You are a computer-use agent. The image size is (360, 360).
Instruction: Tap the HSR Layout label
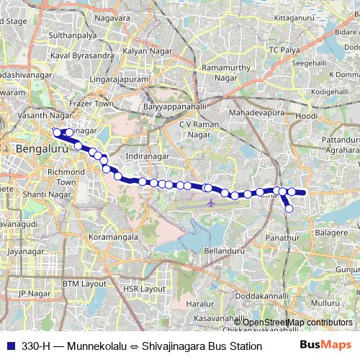coord(139,288)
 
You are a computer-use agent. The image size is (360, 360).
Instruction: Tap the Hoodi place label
coord(307,116)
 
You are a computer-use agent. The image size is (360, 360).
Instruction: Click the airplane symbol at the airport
coord(210,202)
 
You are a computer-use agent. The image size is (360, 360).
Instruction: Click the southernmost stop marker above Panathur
coord(289,209)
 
